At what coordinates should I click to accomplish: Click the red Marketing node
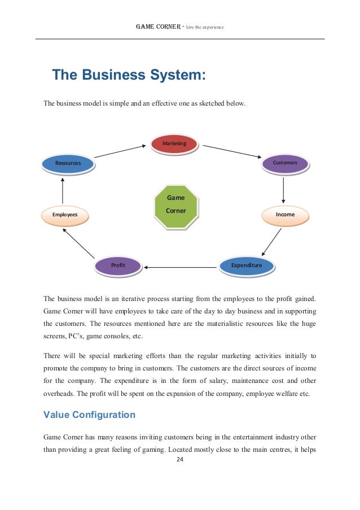point(174,143)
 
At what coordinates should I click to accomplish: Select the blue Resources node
point(68,163)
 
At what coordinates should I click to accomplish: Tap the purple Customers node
point(285,163)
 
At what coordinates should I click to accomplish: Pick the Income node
point(285,215)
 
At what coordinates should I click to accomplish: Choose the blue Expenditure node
point(247,265)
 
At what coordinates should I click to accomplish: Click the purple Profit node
point(118,265)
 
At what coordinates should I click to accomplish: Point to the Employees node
point(65,215)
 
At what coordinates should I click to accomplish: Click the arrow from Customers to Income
point(283,189)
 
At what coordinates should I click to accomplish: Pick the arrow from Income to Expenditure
point(271,242)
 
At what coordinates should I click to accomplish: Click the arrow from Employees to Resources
point(63,191)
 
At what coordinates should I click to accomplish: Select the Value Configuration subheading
point(89,415)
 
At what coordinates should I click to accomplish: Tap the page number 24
point(180,459)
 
